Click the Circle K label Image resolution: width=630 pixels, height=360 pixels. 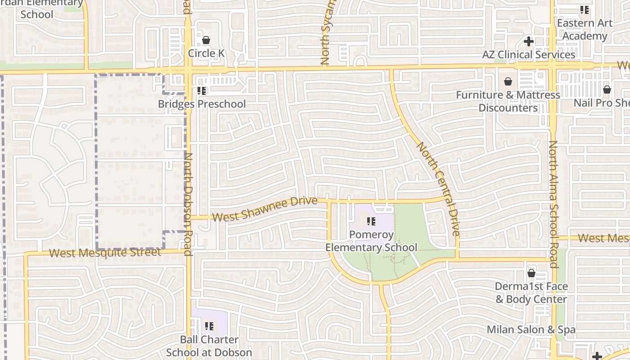tap(206, 53)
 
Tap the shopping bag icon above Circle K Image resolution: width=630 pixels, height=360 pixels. tap(206, 40)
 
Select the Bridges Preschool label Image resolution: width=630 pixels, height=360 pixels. tap(202, 104)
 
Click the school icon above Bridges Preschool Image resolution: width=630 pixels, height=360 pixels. tap(202, 91)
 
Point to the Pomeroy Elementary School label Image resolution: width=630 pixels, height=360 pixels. tap(371, 241)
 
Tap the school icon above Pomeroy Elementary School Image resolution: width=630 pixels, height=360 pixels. tap(371, 221)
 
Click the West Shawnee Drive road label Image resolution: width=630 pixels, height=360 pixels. tap(265, 210)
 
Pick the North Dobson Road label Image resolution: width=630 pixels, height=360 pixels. tap(189, 198)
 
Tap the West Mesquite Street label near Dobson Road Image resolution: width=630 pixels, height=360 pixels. tap(105, 252)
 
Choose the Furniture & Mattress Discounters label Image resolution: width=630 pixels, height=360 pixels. tap(508, 101)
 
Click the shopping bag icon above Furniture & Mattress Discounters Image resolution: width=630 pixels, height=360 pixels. tap(508, 81)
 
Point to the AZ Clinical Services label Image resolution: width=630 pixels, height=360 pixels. tap(529, 55)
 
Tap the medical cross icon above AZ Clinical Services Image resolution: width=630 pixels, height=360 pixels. tap(529, 41)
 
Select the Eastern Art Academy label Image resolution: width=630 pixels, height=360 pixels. tap(585, 29)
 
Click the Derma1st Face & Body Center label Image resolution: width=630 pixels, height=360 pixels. tap(531, 292)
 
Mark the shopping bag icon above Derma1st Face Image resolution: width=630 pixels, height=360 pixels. tap(531, 273)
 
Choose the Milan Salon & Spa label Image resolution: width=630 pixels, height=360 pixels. tap(531, 329)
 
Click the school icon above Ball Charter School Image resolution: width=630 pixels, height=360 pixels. tap(209, 326)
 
